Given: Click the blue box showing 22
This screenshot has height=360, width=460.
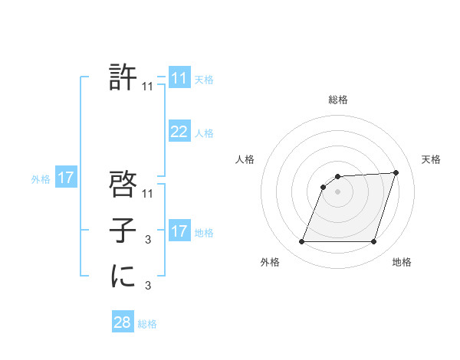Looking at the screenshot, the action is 179,132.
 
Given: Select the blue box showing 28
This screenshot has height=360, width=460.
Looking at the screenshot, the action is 123,322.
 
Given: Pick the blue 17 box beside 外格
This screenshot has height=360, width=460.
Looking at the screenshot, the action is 66,178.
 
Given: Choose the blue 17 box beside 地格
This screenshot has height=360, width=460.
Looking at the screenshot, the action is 179,231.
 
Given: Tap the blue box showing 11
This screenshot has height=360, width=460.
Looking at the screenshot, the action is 179,78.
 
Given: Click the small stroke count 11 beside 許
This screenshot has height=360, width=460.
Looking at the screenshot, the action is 148,87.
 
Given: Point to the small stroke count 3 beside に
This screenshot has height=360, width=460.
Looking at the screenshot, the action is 148,286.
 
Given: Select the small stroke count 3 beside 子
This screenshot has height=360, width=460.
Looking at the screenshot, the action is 148,241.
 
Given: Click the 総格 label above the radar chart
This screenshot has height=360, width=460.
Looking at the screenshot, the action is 338,100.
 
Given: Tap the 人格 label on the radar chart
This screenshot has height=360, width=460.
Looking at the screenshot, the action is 245,159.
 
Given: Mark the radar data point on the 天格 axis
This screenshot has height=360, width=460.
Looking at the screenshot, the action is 396,172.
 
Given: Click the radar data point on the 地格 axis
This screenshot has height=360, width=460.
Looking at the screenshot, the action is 374,242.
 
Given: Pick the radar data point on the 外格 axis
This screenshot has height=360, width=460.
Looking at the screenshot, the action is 301,242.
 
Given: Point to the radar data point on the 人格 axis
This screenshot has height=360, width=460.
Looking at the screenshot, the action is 324,187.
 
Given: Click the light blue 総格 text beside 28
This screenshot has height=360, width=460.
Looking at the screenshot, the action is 147,324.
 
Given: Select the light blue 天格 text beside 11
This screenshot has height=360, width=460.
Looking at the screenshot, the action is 204,79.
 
